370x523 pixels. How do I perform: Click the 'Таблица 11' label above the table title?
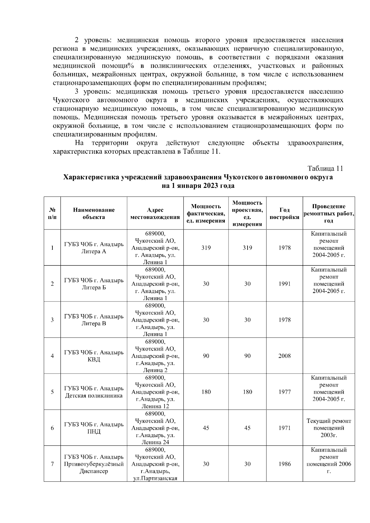coord(325,168)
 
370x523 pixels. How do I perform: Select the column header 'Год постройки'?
coord(284,213)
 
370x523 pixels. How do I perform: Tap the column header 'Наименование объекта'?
coord(94,213)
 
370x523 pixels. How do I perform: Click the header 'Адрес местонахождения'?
coord(155,213)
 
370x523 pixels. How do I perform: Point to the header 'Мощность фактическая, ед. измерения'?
coord(206,213)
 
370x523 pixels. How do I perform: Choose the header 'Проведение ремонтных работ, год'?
coord(329,213)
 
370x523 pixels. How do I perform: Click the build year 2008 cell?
coord(284,356)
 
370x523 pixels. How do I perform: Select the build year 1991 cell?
coord(284,284)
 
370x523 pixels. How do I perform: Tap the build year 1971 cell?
coord(284,428)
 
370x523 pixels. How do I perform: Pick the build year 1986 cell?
coord(284,464)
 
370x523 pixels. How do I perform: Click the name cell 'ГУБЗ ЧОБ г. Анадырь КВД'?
coord(94,356)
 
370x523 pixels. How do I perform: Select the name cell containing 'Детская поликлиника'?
coord(94,392)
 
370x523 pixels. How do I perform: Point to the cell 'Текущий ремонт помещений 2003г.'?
coord(329,428)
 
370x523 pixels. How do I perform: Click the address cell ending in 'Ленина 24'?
coord(155,428)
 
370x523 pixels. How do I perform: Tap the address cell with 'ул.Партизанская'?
coord(155,464)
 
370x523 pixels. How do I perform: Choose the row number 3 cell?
coord(52,320)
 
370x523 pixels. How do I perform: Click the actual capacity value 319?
coord(206,248)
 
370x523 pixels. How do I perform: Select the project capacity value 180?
coord(247,392)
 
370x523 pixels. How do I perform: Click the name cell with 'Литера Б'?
coord(94,284)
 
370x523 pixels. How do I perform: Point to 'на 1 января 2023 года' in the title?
coord(198,186)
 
